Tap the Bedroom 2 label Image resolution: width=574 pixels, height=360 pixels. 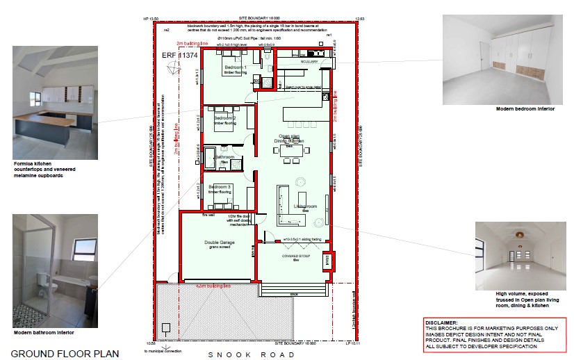click(x=224, y=118)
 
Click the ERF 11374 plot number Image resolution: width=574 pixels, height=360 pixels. click(x=180, y=55)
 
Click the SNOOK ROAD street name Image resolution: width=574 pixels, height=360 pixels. click(x=252, y=354)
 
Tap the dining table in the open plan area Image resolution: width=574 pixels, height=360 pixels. click(x=293, y=154)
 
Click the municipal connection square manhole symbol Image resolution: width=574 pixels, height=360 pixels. click(x=166, y=328)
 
